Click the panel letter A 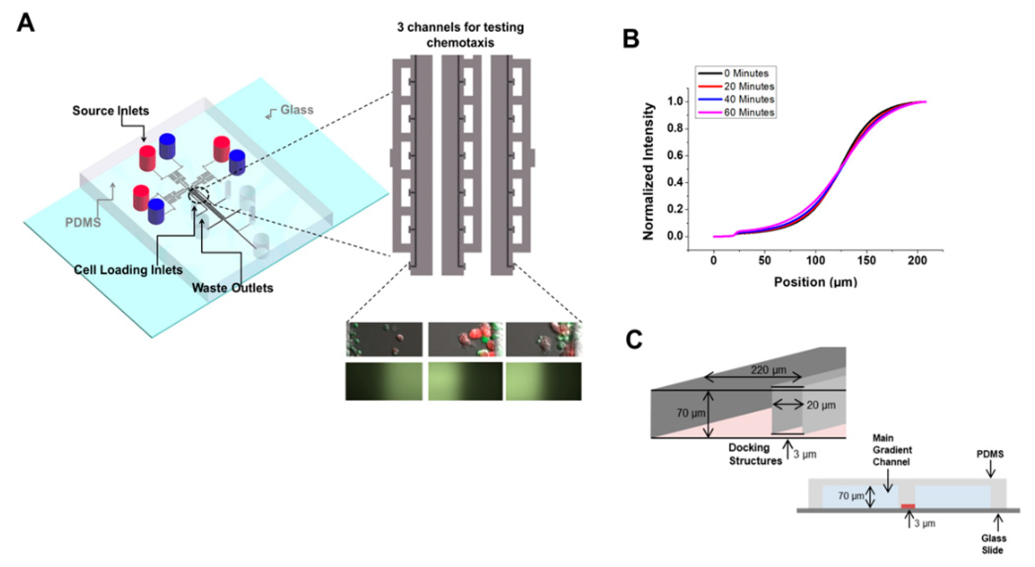point(25,23)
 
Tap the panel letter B point(631,39)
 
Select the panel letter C point(633,340)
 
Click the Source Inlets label point(111,111)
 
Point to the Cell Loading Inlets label point(128,269)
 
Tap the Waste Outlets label point(232,288)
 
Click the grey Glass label point(296,110)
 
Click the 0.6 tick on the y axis point(675,155)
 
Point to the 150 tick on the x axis point(866,260)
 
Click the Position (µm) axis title point(815,282)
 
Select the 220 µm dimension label point(768,370)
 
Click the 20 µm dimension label point(821,405)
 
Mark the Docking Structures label point(755,454)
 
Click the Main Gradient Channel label point(892,450)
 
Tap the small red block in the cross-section point(908,506)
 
